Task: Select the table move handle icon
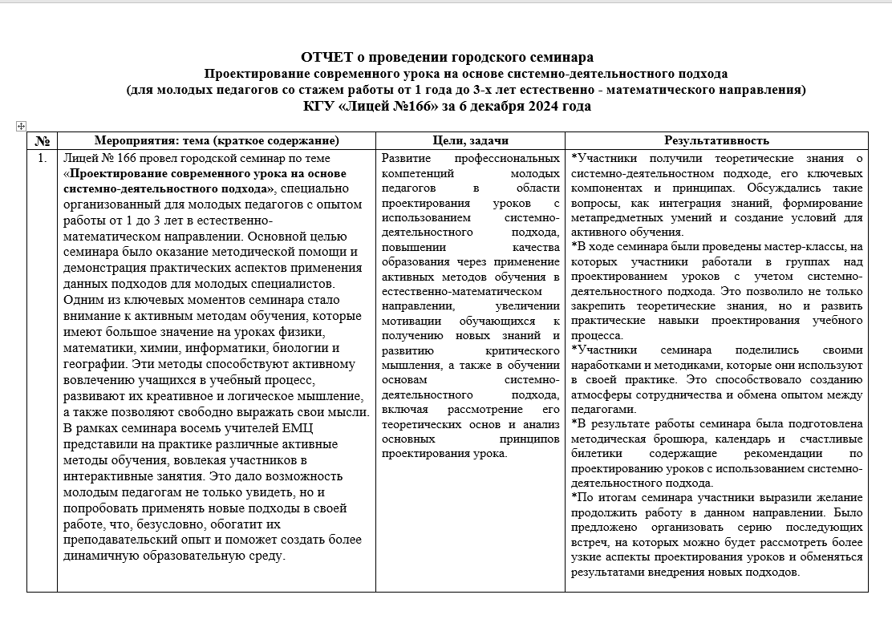(x=21, y=126)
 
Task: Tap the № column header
(x=42, y=140)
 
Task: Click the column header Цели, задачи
(x=470, y=140)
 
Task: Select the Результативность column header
(x=716, y=140)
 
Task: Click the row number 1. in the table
(x=42, y=158)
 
